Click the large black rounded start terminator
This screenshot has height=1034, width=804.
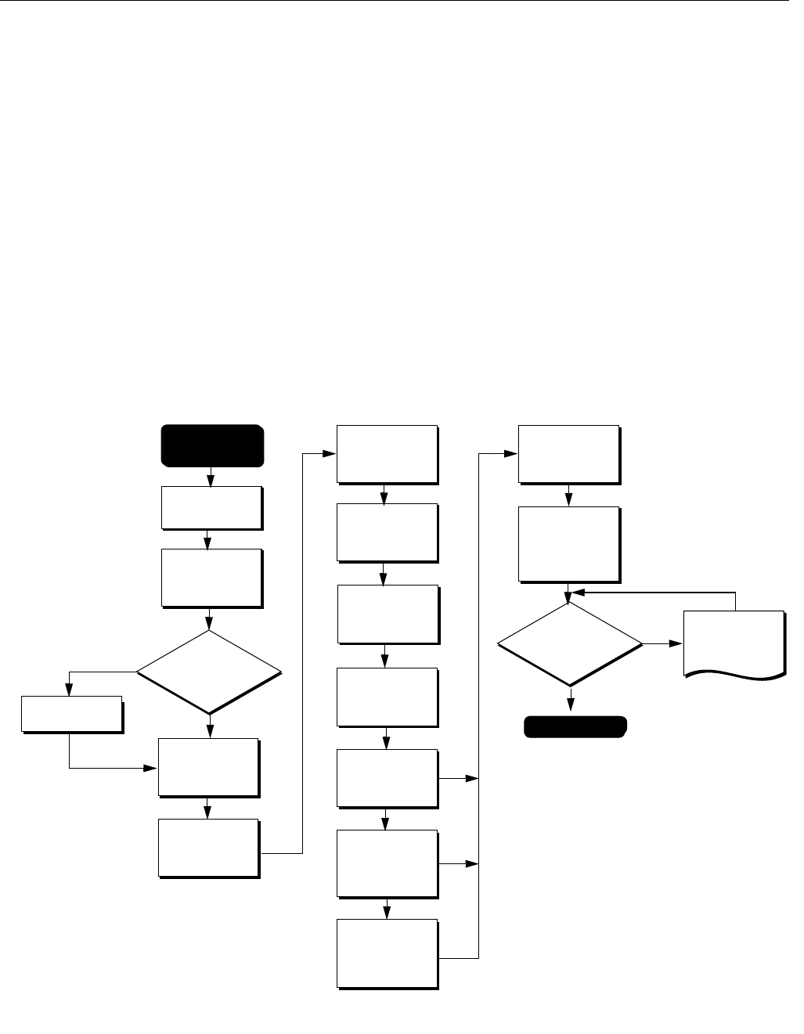tap(211, 445)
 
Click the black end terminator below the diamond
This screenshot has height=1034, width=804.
tap(575, 726)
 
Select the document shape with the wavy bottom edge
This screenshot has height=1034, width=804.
tap(734, 642)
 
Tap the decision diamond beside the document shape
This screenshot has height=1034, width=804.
tap(570, 644)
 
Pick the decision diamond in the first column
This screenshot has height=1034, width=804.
tap(209, 671)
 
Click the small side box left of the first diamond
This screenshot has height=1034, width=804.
tap(71, 712)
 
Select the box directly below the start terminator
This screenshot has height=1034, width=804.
tap(211, 507)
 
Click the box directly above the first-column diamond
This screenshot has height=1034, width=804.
tap(211, 577)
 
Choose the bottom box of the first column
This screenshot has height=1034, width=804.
tap(208, 848)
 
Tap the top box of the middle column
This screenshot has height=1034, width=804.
tap(387, 454)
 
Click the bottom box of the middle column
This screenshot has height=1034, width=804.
tap(387, 953)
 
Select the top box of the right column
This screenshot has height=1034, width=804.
tap(569, 454)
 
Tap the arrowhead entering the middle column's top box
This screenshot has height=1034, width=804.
tap(330, 454)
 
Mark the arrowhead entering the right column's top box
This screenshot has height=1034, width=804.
tap(512, 454)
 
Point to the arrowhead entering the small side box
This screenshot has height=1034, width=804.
tap(69, 690)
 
